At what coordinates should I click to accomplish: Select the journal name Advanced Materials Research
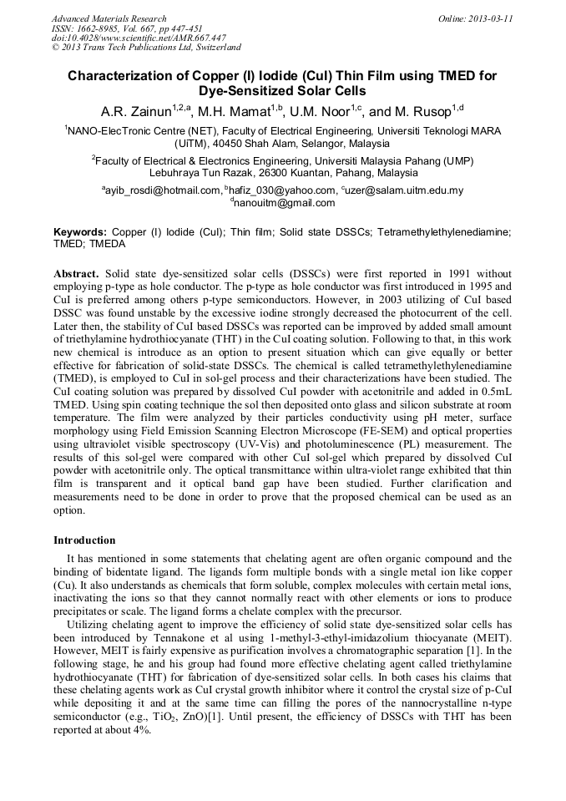tap(109, 18)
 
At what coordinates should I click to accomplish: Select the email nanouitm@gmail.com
tap(284, 203)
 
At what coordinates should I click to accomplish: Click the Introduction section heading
tap(84, 540)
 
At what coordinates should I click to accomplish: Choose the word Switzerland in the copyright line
tap(215, 48)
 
